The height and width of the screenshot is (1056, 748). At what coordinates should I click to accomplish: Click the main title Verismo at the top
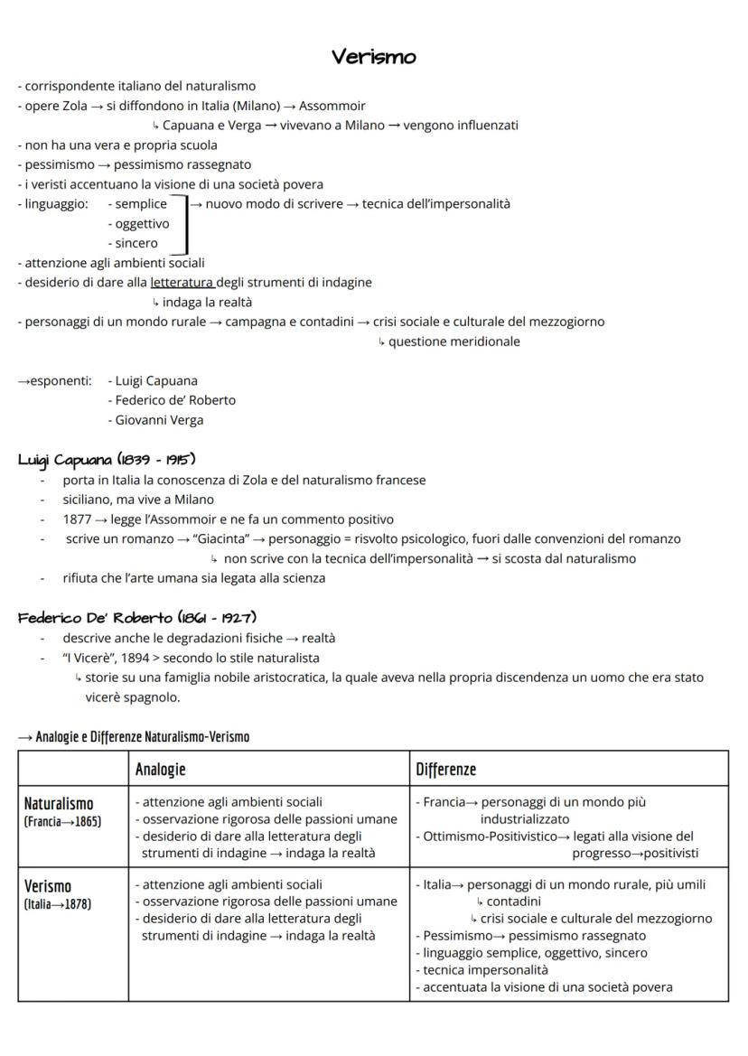tap(374, 57)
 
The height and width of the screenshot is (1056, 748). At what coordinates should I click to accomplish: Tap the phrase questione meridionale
tap(453, 341)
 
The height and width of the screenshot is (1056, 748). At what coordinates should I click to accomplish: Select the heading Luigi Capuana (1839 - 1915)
tap(108, 460)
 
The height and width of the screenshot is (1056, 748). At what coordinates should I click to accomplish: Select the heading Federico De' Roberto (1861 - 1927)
tap(137, 618)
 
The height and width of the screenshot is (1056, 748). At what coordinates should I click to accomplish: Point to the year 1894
tap(142, 658)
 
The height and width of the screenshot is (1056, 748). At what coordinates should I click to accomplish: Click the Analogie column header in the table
tap(161, 769)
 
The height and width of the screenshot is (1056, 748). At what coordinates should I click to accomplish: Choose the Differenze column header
tap(445, 769)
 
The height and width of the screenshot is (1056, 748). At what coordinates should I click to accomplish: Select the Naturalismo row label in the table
tap(59, 803)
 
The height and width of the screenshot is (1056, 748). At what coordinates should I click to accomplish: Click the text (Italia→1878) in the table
tap(58, 903)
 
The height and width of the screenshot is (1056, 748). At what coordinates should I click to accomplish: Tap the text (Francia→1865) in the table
tap(62, 821)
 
